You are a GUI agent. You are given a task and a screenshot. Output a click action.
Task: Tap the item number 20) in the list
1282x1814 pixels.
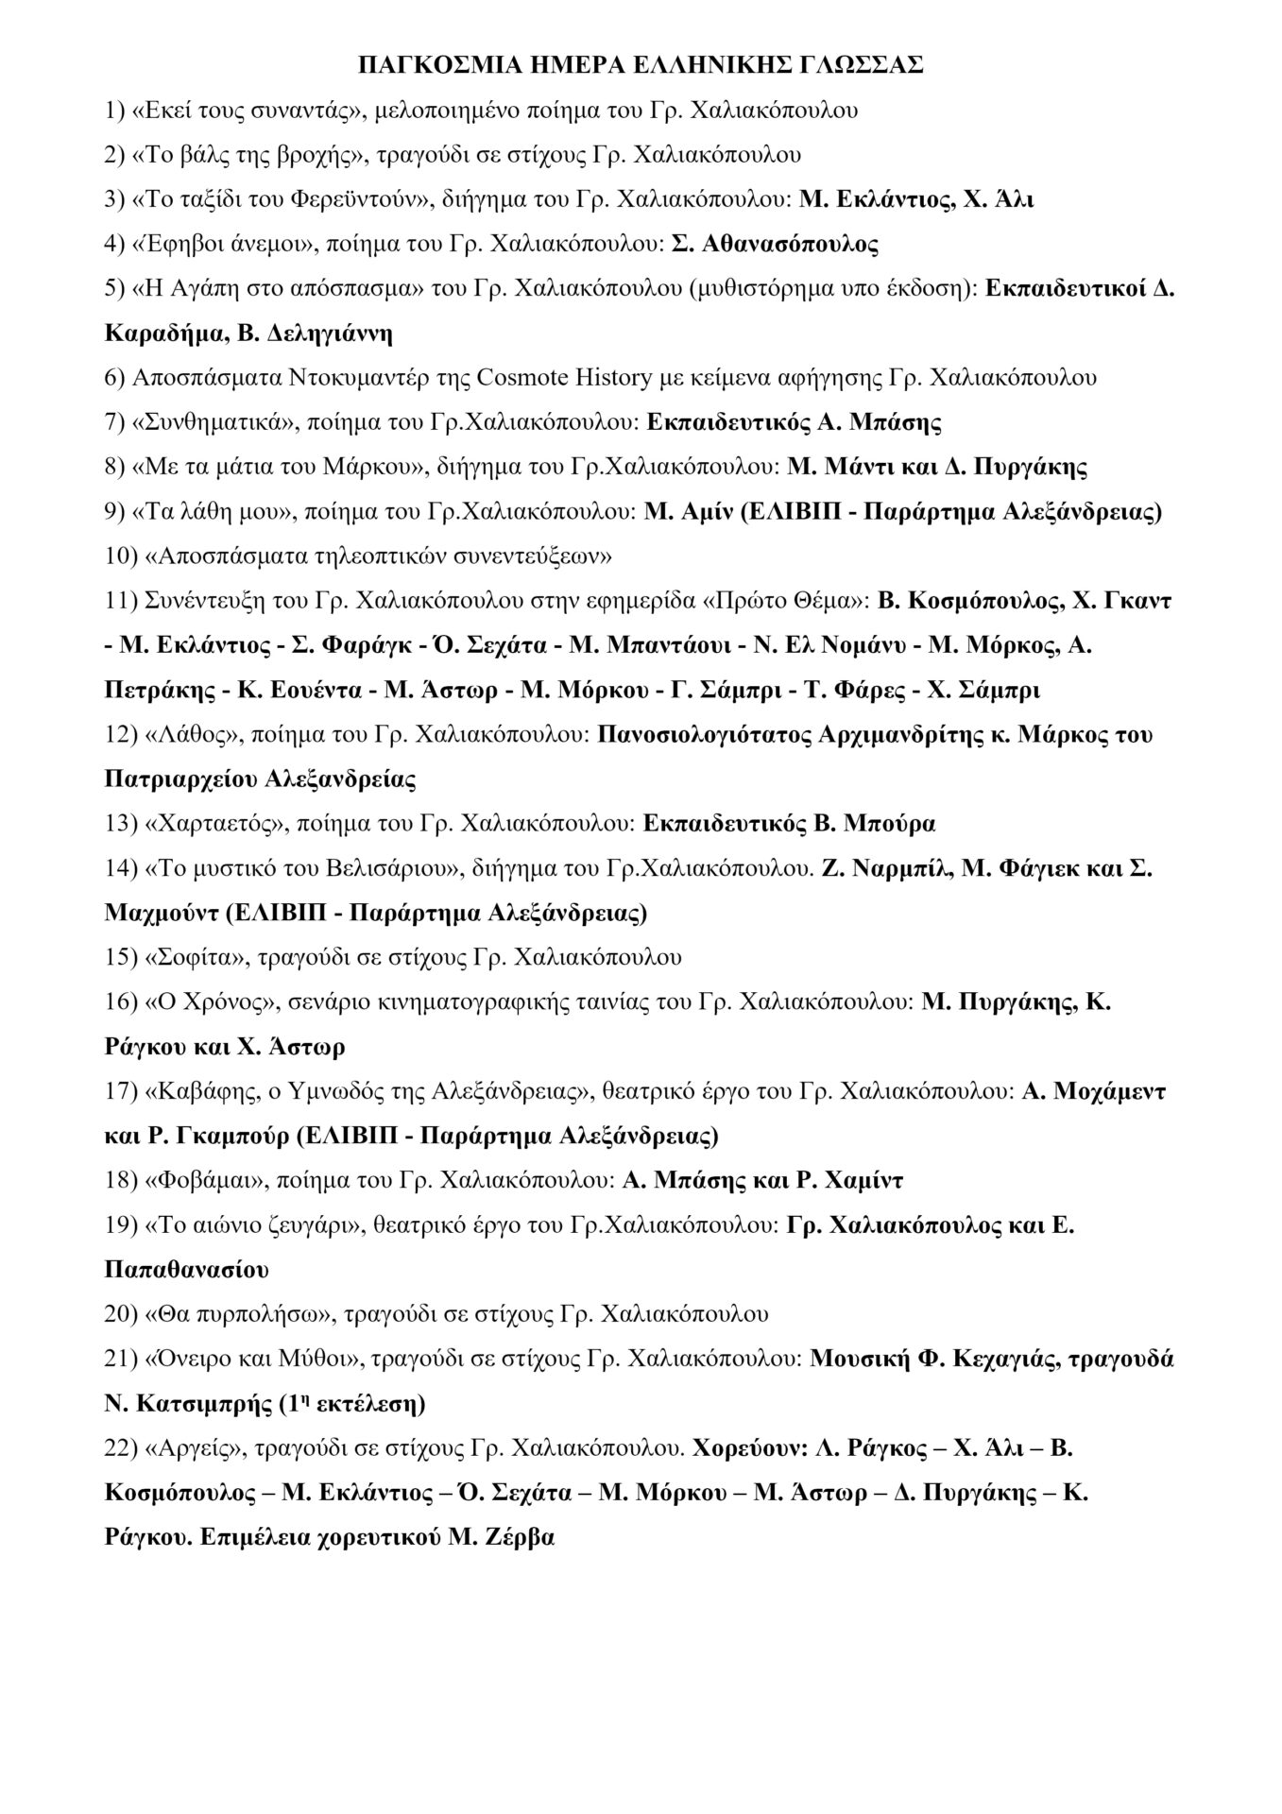(120, 1314)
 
